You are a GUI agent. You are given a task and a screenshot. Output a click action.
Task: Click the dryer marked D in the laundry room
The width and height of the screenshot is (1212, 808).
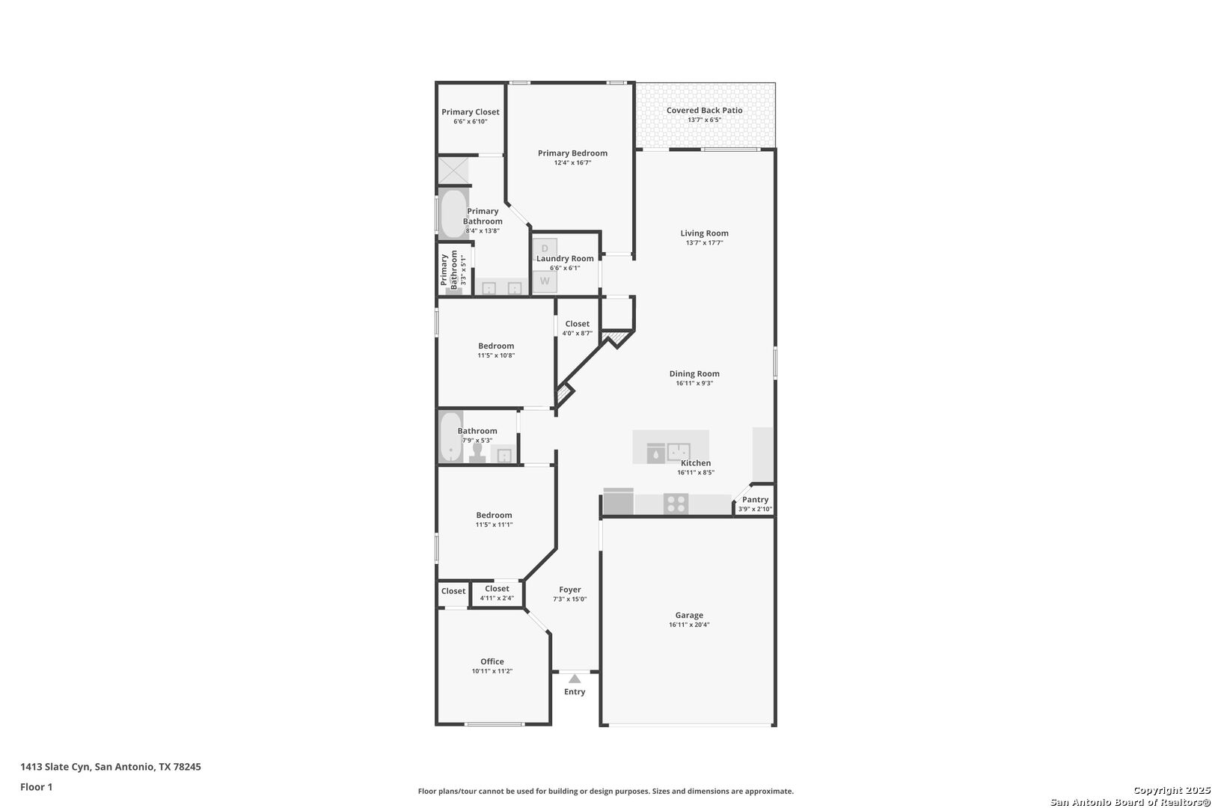(545, 248)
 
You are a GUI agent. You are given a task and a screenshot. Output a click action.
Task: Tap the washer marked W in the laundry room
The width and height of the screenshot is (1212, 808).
(545, 281)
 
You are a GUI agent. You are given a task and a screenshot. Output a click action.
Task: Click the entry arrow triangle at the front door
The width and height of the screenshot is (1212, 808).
(575, 679)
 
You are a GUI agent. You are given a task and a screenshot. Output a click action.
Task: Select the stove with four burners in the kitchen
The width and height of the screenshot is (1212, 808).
(676, 504)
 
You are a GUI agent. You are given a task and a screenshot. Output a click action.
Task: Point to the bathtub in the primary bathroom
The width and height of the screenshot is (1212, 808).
(453, 214)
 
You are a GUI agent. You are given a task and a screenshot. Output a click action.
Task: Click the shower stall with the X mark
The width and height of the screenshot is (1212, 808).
(453, 171)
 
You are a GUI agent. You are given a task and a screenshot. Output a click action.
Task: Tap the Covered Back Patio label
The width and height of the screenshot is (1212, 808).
(705, 111)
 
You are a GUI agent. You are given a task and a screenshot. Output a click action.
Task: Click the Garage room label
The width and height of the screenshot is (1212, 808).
(689, 615)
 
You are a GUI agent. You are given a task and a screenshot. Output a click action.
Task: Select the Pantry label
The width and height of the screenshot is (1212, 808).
(756, 500)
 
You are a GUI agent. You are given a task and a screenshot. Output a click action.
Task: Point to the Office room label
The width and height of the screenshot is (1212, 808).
(492, 661)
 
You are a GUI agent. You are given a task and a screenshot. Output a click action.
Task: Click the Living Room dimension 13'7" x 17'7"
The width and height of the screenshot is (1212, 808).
(705, 243)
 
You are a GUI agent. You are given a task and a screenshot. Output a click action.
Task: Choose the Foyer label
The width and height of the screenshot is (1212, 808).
(570, 590)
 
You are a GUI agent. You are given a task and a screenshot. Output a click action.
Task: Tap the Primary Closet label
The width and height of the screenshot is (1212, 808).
(471, 112)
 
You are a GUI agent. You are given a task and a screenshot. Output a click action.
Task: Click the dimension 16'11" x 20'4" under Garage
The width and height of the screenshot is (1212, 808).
(689, 625)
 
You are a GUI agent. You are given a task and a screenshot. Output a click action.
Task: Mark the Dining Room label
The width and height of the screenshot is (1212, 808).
(695, 373)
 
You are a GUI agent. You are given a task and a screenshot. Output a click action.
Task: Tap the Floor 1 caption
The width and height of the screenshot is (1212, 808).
(36, 787)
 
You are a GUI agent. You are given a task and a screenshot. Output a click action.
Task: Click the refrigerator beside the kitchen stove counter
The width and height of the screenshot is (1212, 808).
(619, 502)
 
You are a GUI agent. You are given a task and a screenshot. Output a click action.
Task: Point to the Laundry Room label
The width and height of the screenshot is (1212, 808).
(565, 259)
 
